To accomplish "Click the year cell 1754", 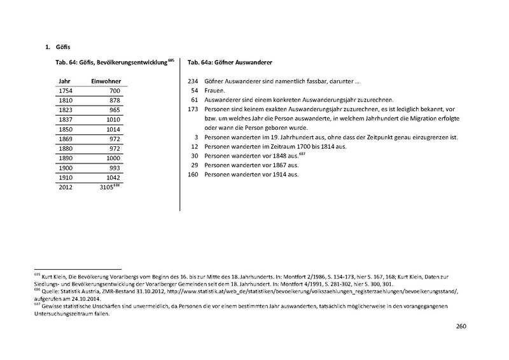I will (x=65, y=92).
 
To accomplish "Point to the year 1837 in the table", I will (x=65, y=119).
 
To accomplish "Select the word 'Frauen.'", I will (x=215, y=91).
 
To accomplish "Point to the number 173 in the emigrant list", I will (x=193, y=109).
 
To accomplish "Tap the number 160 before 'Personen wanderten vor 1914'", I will (x=193, y=174).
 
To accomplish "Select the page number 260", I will (x=462, y=327).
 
